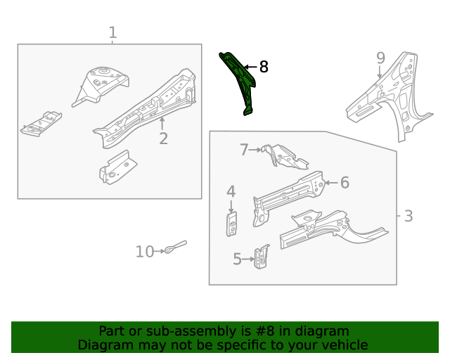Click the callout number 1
point(112,32)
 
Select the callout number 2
point(163,139)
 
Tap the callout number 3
point(409,216)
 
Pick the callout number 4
point(231,191)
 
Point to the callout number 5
point(238,259)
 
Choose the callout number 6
point(345,183)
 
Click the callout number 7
point(244,149)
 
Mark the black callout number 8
point(264,67)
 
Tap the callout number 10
point(144,251)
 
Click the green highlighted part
point(240,81)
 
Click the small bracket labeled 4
point(231,224)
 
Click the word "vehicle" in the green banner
point(343,345)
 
